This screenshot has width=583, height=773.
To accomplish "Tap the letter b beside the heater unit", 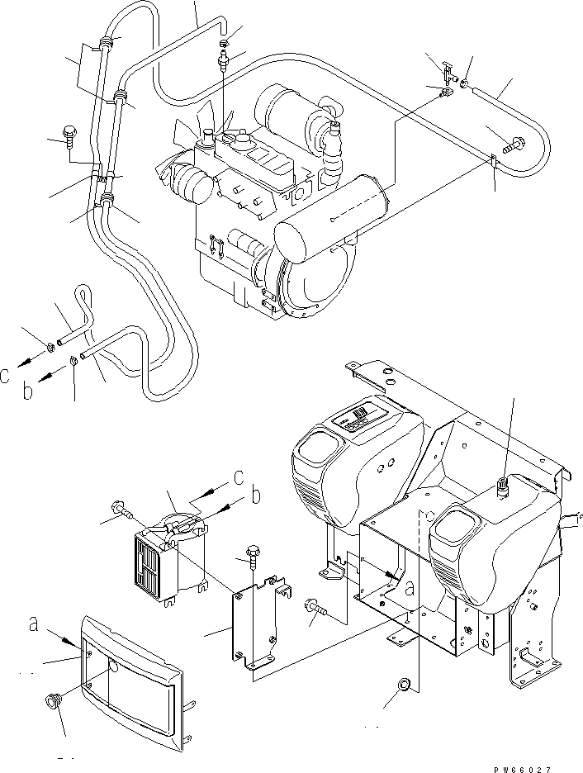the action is (x=256, y=496).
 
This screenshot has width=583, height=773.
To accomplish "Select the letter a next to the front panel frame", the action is (x=33, y=624).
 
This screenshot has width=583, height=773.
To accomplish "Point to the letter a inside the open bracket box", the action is (x=410, y=588).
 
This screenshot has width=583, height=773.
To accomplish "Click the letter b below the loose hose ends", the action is (x=27, y=391).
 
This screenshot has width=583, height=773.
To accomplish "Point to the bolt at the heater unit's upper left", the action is (x=121, y=510).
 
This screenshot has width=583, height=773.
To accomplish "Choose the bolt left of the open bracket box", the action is (x=315, y=606).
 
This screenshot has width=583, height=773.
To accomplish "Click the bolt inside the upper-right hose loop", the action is (x=514, y=145).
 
